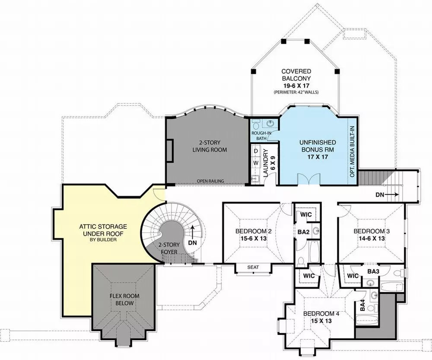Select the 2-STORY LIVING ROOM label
click(x=210, y=146)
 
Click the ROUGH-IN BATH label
click(x=261, y=135)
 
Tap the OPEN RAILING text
click(x=210, y=181)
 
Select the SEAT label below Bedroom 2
click(x=253, y=268)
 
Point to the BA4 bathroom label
click(x=363, y=306)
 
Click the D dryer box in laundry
click(x=256, y=151)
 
